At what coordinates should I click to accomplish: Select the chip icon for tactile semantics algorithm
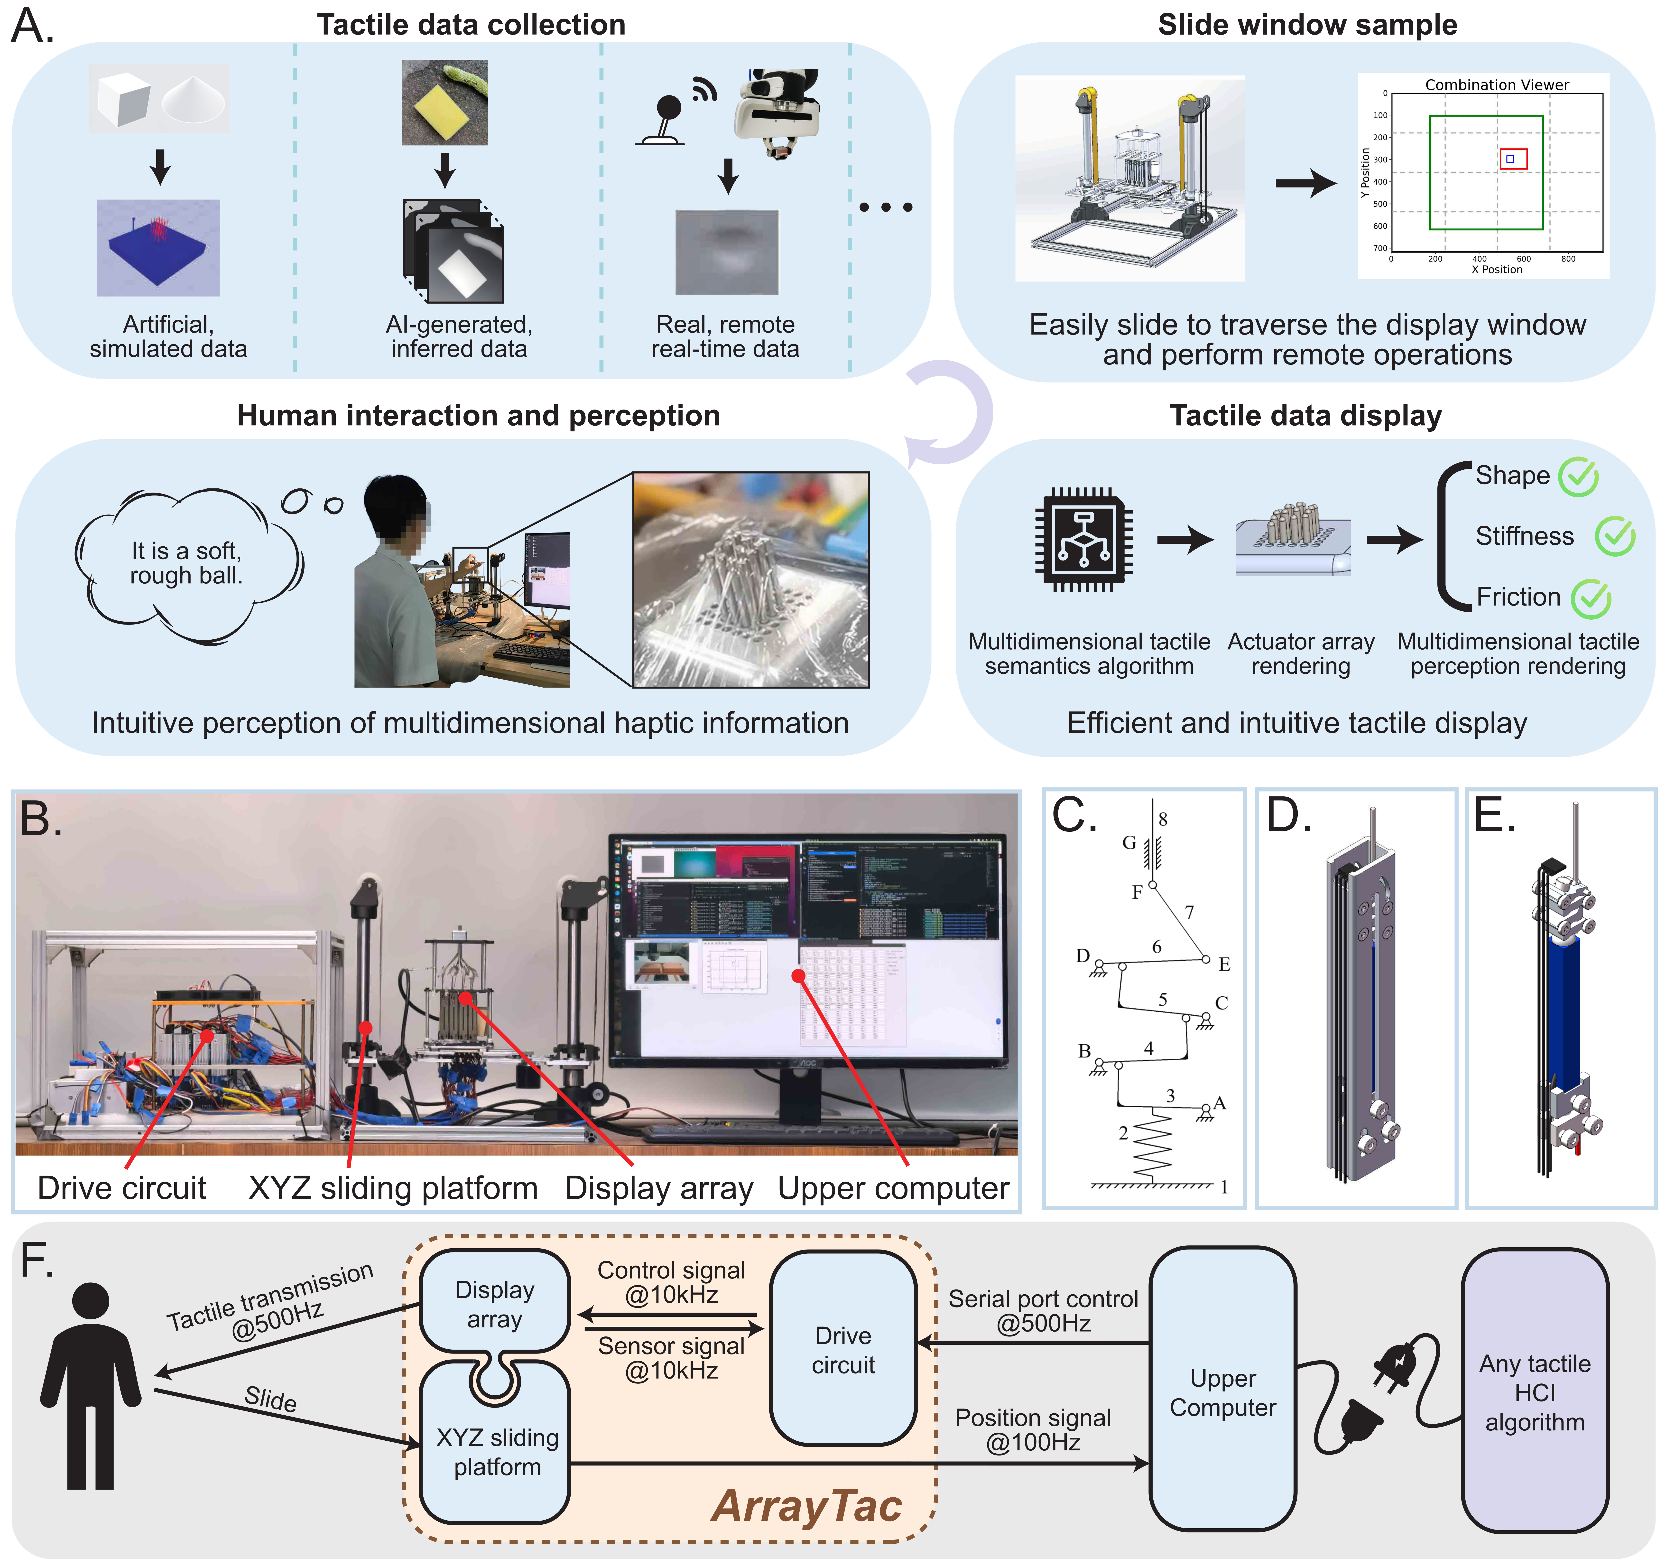pyautogui.click(x=1084, y=539)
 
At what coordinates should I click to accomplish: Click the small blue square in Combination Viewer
pyautogui.click(x=1510, y=158)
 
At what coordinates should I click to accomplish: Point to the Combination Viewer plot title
pyautogui.click(x=1497, y=84)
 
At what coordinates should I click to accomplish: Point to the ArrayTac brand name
pyautogui.click(x=806, y=1505)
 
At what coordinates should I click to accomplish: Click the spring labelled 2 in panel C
pyautogui.click(x=1152, y=1146)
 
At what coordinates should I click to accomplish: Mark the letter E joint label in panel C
pyautogui.click(x=1224, y=964)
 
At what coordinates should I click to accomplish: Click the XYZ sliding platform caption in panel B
pyautogui.click(x=393, y=1188)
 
